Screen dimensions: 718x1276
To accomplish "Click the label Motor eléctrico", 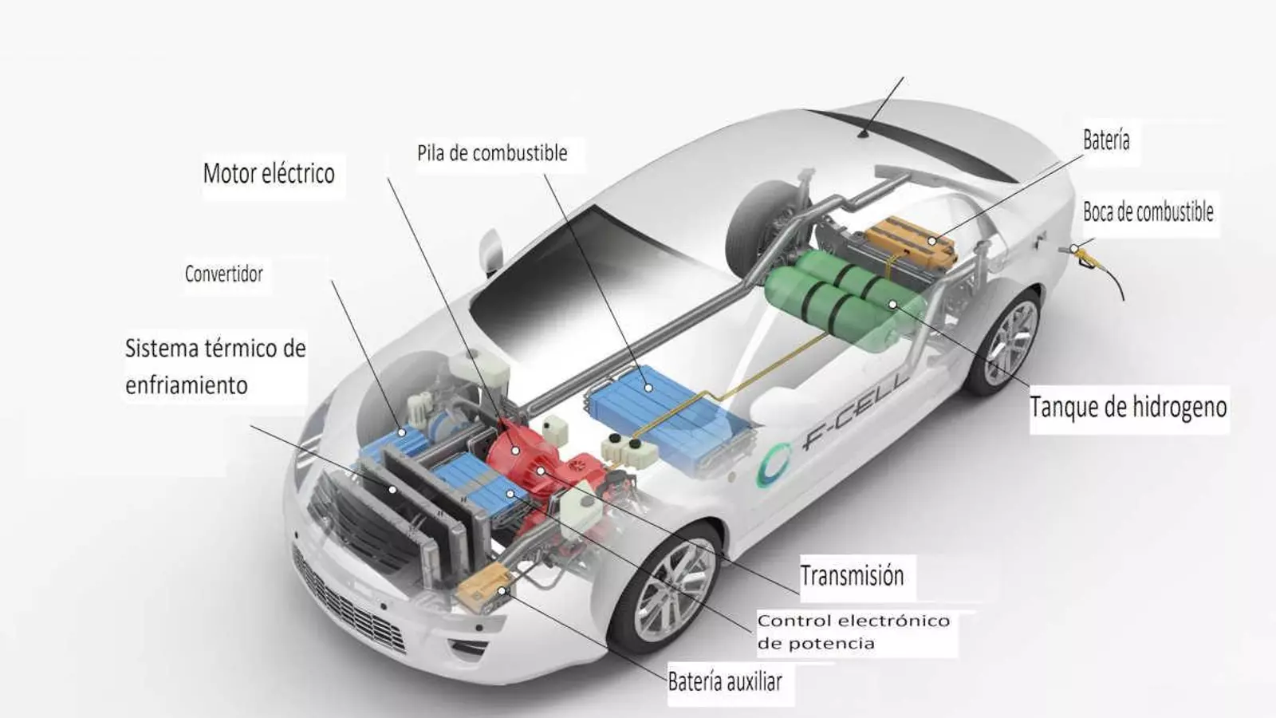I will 269,173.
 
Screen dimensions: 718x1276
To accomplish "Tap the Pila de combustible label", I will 492,153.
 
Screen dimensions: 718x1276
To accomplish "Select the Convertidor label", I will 224,274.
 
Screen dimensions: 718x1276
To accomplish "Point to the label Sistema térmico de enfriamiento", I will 215,366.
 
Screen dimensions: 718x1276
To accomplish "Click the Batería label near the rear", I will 1106,140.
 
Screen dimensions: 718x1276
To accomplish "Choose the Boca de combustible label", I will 1148,212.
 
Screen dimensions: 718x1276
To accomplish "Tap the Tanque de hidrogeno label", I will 1128,407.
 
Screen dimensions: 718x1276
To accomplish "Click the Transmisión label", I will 852,575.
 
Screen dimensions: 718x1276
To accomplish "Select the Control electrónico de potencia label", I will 853,632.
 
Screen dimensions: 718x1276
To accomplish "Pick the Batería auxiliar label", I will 725,681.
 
